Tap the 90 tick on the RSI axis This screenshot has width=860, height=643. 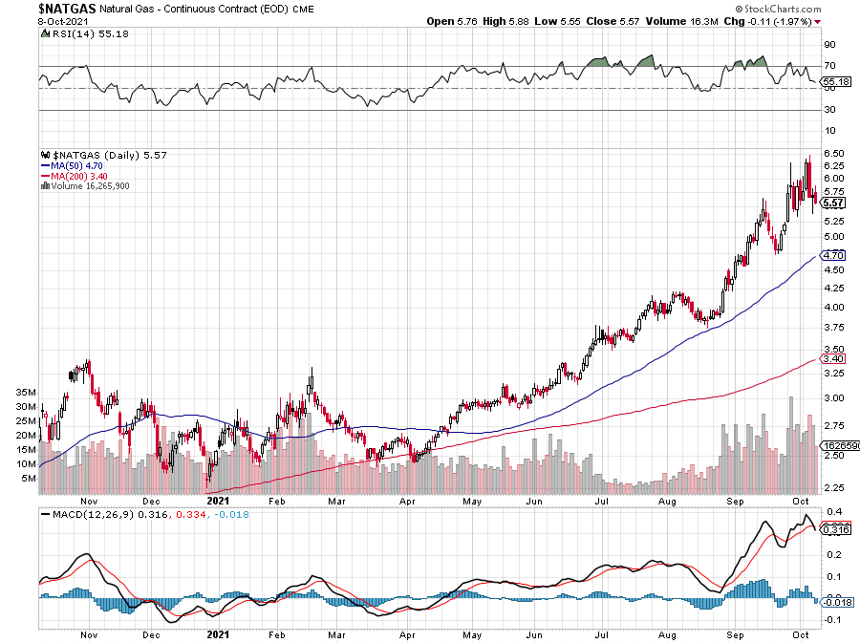tap(830, 44)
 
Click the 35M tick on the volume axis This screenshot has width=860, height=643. tap(26, 392)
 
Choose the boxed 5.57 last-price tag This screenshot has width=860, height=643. tap(834, 203)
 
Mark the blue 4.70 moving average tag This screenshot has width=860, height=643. tap(834, 255)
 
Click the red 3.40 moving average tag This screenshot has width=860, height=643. tap(834, 359)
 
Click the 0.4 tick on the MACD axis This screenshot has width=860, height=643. tap(832, 511)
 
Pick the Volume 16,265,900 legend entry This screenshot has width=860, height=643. tap(88, 185)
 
